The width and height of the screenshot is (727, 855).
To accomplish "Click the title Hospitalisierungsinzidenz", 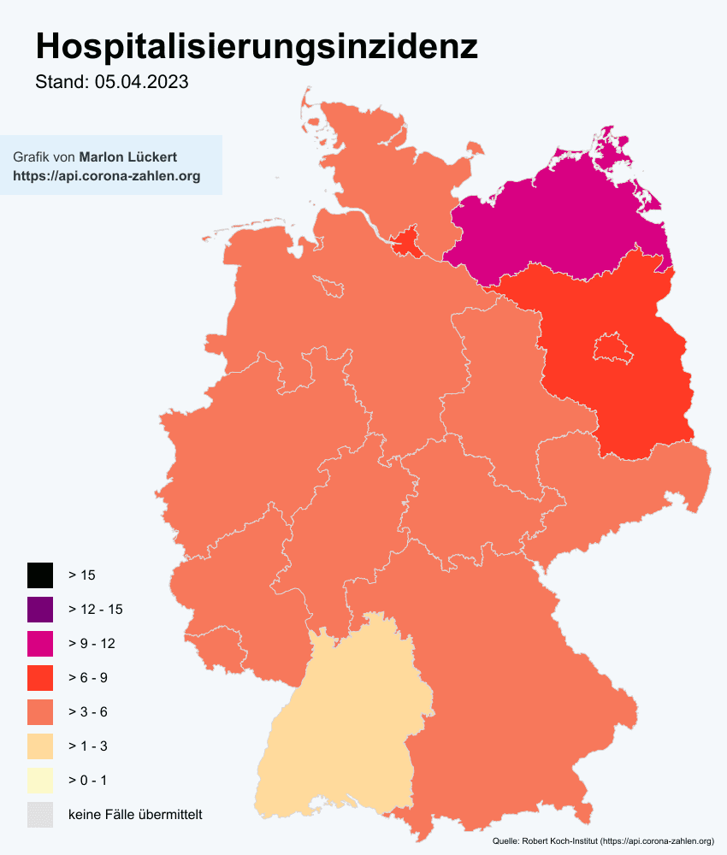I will pos(257,46).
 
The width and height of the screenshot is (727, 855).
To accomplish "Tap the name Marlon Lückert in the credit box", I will pos(127,157).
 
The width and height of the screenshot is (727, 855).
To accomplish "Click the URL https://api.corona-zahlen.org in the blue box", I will pos(107,176).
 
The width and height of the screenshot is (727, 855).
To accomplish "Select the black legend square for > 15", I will pos(39,575).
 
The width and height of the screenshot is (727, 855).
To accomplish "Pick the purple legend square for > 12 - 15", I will pos(39,609).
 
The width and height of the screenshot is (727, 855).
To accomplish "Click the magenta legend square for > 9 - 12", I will pos(39,643).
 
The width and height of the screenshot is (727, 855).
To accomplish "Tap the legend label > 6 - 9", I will pos(87,678).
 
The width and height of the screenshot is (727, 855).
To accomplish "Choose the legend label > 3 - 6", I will pos(87,712).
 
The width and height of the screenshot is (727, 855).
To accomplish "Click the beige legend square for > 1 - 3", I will pos(39,746).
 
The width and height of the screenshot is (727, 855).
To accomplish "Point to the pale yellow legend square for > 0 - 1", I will pos(39,780).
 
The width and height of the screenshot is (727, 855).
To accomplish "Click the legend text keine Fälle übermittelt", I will pos(135,815).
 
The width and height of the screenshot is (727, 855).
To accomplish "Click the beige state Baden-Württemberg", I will pos(342,727).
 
